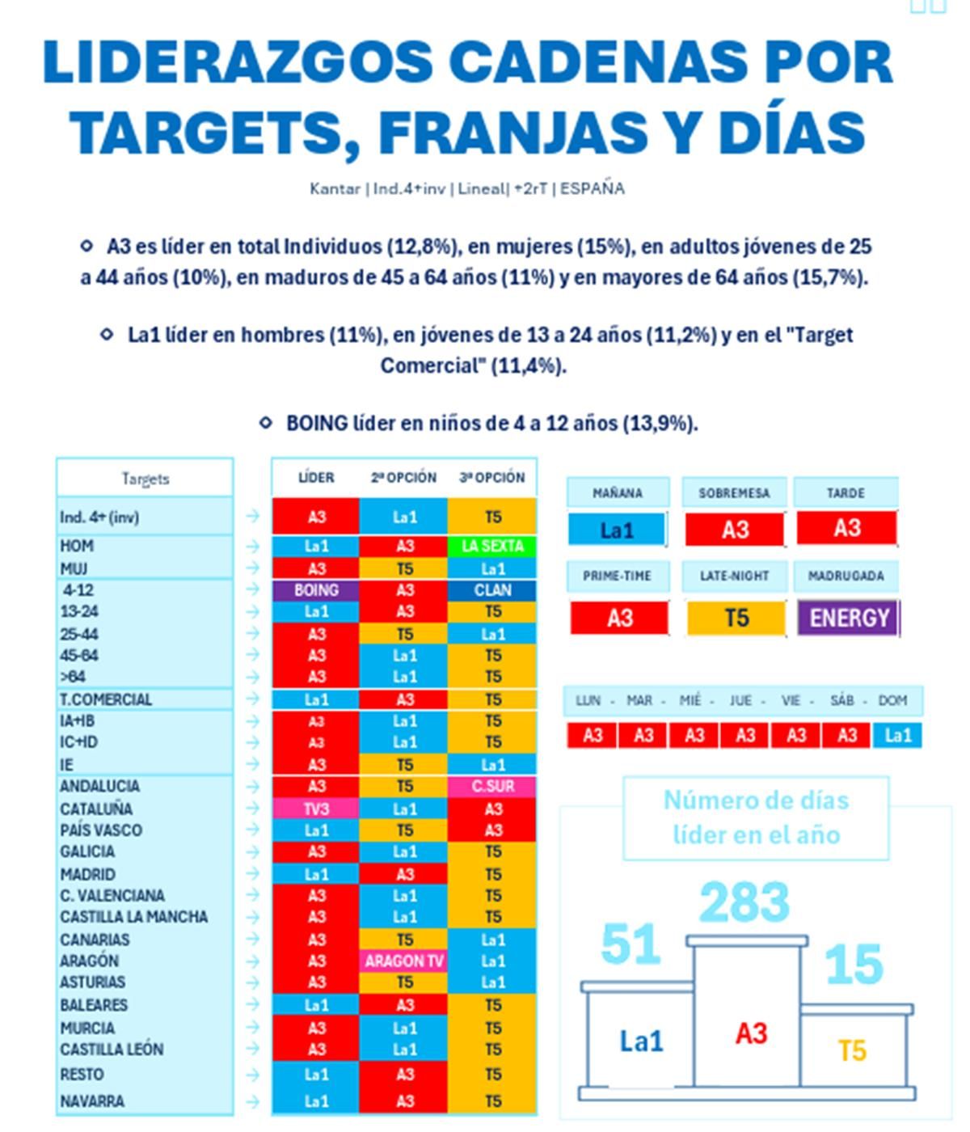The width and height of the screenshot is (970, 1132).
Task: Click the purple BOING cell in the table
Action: pos(316,590)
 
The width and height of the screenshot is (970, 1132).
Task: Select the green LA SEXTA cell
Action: pos(492,547)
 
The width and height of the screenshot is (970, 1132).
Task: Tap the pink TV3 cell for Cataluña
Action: pos(316,809)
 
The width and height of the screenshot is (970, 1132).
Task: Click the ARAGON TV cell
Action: pos(404,961)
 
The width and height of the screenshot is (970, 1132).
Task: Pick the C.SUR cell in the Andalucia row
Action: pos(492,786)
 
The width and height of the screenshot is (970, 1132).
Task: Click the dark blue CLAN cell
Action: pos(492,590)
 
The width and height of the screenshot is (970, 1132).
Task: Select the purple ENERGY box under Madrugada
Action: pos(848,618)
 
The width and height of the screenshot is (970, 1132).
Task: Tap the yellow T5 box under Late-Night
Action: pos(736,619)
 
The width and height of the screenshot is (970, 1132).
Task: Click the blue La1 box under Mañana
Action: pos(617,530)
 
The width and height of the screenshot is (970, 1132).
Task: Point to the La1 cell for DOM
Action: pos(897,735)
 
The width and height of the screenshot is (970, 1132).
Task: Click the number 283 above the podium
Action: pos(744,902)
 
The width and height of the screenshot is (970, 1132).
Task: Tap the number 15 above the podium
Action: pos(854,965)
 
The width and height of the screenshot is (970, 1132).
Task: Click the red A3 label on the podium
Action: pos(751,1033)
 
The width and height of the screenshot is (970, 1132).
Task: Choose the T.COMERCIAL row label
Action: pos(106,699)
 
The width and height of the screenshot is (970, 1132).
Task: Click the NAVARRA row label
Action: pos(92,1101)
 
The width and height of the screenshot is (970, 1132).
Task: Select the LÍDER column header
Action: pos(316,478)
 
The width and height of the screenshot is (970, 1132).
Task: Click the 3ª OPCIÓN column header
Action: pos(492,478)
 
